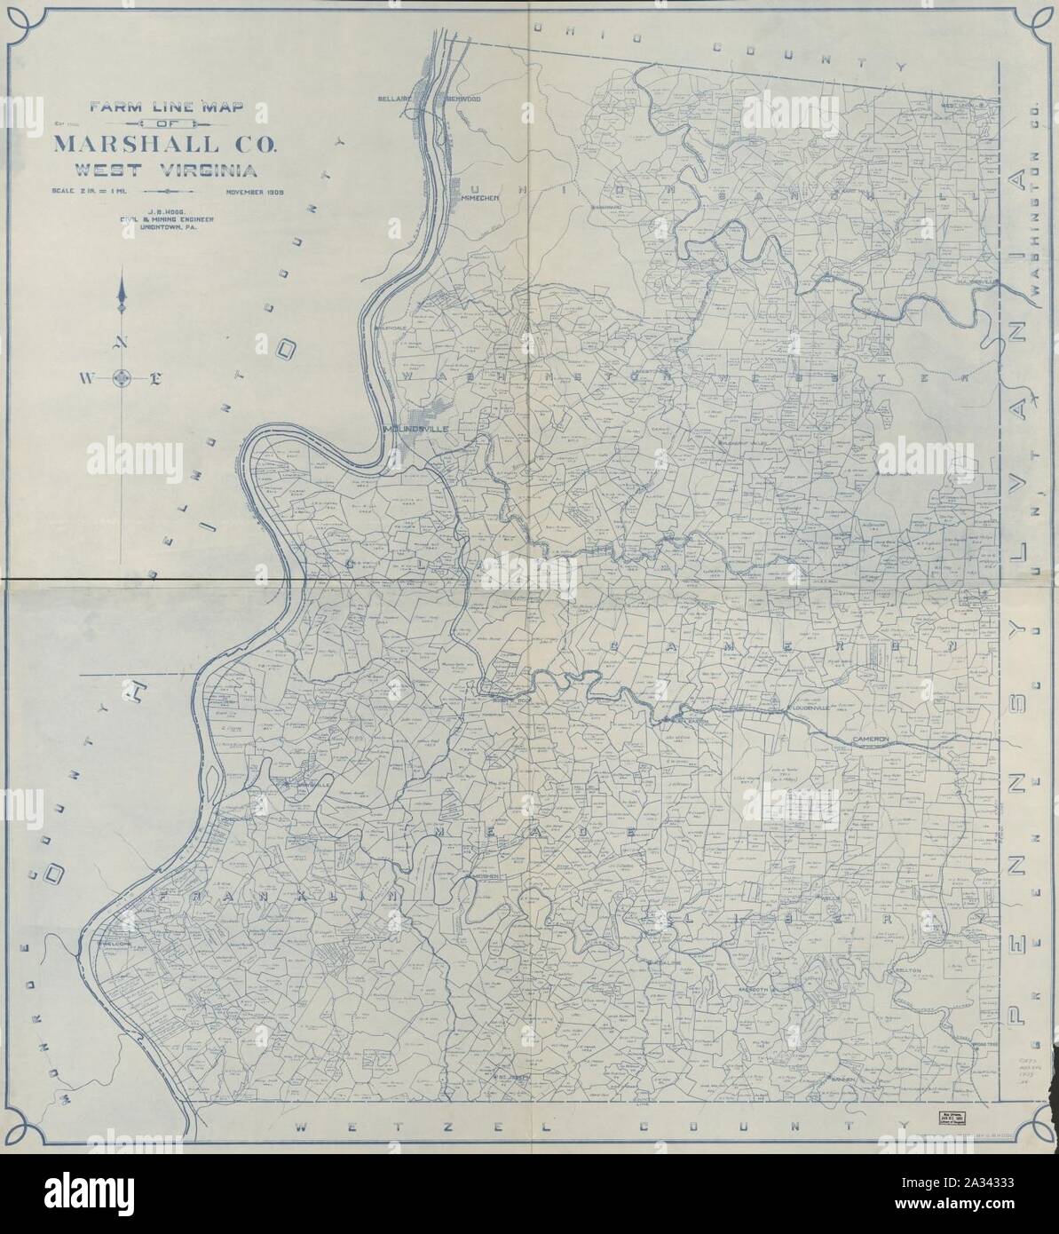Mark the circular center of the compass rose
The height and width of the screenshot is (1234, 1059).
point(123,379)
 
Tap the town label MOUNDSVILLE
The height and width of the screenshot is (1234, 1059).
point(416,429)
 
